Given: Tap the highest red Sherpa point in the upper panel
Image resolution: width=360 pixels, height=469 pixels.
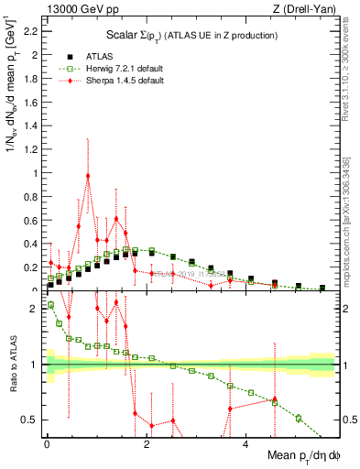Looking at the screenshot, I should click(x=88, y=176).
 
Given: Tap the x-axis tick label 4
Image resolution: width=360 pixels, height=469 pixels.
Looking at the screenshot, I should click(x=245, y=446).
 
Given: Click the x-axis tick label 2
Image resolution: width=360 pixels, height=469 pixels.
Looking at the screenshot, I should click(x=147, y=446).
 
